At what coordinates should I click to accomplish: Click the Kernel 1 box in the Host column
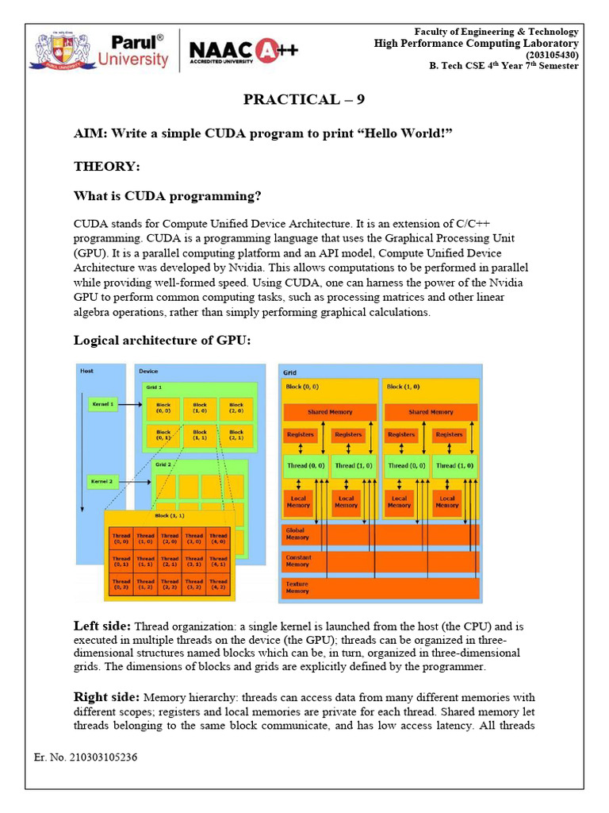click(x=102, y=404)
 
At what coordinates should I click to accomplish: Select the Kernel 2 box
click(x=102, y=481)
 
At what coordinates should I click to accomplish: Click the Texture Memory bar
click(x=381, y=588)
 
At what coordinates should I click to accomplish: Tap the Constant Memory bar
click(x=381, y=561)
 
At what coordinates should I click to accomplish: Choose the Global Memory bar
click(x=381, y=534)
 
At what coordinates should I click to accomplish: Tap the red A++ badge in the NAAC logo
click(x=279, y=51)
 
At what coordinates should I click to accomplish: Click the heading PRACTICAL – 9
click(x=304, y=99)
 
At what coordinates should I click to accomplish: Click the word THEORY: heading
click(x=107, y=167)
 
